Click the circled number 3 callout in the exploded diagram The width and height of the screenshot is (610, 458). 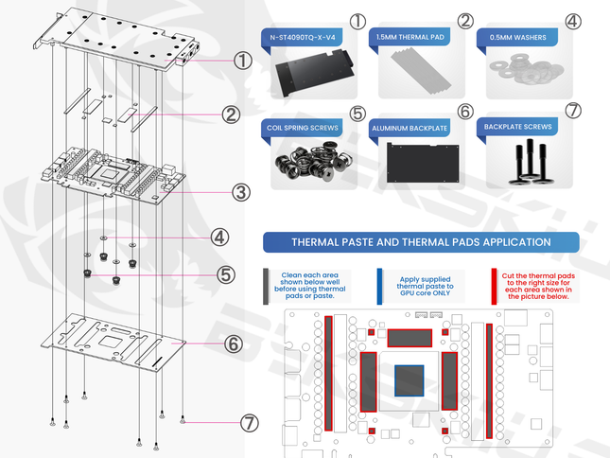(241, 192)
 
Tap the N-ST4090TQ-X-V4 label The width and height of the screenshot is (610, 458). (303, 38)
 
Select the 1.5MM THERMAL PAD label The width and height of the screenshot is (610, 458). (410, 37)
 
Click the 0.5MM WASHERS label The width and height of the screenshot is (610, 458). (518, 37)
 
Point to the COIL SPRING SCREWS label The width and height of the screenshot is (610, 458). (303, 128)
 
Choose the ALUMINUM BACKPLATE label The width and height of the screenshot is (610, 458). (410, 129)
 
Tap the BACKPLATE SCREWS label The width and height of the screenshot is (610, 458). (518, 127)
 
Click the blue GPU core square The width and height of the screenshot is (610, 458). (409, 380)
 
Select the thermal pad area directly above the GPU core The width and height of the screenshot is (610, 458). (410, 338)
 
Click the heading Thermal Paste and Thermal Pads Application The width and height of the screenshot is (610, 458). (421, 242)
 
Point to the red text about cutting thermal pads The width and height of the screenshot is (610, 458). (538, 286)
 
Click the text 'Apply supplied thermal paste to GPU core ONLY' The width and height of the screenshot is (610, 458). (425, 286)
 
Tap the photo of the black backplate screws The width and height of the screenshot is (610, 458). (529, 162)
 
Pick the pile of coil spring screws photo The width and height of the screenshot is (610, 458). (314, 161)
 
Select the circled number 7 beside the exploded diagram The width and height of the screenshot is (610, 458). (249, 423)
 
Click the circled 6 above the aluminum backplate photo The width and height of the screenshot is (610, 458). (465, 112)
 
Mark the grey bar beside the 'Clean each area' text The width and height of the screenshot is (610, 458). (266, 287)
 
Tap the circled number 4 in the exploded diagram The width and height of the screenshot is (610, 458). (219, 238)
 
